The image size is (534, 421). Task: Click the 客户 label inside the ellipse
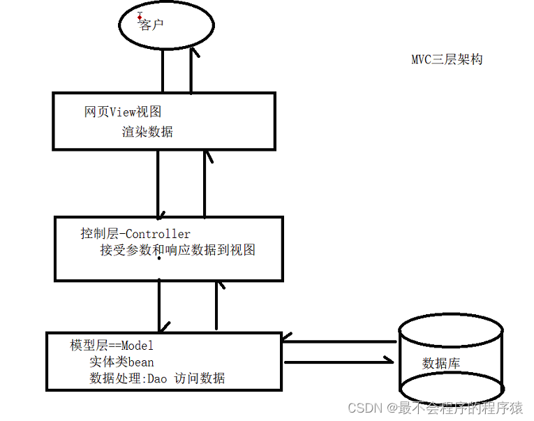151,25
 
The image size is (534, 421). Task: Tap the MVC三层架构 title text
447,59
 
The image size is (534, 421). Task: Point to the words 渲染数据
147,131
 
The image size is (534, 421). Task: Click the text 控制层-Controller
135,233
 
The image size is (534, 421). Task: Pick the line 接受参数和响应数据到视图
178,250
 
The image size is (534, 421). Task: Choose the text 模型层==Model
112,345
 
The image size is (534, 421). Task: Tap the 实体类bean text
121,362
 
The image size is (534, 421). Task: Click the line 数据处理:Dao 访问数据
157,378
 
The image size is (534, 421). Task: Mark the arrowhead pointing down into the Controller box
160,212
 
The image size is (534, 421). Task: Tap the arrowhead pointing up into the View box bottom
205,156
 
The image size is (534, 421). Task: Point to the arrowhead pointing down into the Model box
163,327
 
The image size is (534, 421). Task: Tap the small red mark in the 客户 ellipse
140,16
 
